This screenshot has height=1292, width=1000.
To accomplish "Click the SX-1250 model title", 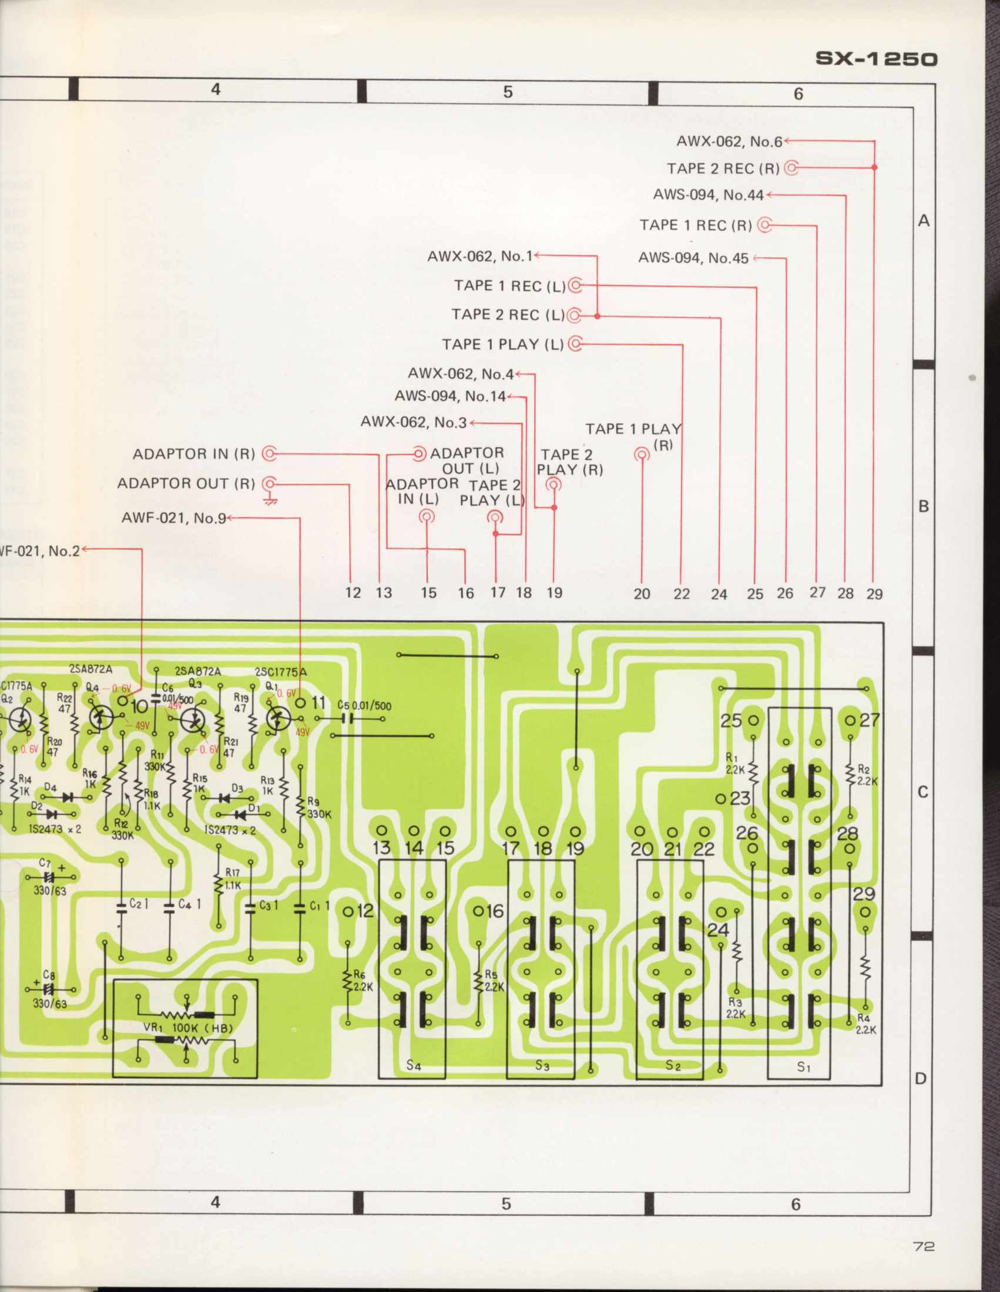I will pos(877,59).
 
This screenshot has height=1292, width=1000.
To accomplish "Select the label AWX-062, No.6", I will pos(729,142).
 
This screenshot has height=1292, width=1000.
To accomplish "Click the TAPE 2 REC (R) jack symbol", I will pos(791,168).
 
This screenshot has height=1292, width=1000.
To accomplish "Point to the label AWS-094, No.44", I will pos(707,194).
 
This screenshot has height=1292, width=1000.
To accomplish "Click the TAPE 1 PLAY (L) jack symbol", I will pos(575,344).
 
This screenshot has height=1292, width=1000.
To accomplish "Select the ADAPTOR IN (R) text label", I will pos(193,454).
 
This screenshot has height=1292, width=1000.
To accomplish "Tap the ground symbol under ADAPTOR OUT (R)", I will pos(271,500).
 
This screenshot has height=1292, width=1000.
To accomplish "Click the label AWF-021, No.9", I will pos(173,518).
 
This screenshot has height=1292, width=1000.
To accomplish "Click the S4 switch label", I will pos(413,1065).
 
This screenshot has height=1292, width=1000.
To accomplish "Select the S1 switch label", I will pos(803,1066).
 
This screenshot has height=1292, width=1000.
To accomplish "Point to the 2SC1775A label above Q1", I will pos(280,671).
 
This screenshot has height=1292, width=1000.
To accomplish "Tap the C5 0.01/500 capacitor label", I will pos(364,705).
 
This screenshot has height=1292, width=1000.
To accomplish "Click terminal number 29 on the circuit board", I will pos(863,894).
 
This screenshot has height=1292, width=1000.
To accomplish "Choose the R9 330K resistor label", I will pos(319,808).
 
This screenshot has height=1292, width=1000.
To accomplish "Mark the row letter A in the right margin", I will pos(924,221).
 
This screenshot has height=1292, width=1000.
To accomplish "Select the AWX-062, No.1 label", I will pos(479,256).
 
